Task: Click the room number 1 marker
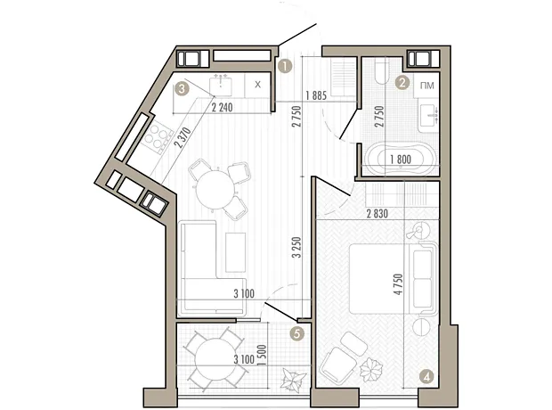click(284, 66)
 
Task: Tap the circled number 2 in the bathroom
click(402, 83)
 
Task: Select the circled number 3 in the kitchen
click(182, 88)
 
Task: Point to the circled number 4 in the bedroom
click(426, 378)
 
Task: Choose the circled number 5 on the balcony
click(297, 333)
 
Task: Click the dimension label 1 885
click(316, 95)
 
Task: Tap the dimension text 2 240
click(222, 107)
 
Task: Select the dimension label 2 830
click(377, 214)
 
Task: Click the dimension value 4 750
click(398, 284)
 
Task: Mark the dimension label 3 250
click(298, 248)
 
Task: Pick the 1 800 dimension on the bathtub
click(401, 160)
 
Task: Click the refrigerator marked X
click(258, 85)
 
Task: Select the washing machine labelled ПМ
click(426, 86)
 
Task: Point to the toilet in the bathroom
click(381, 71)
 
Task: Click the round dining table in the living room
click(215, 191)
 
